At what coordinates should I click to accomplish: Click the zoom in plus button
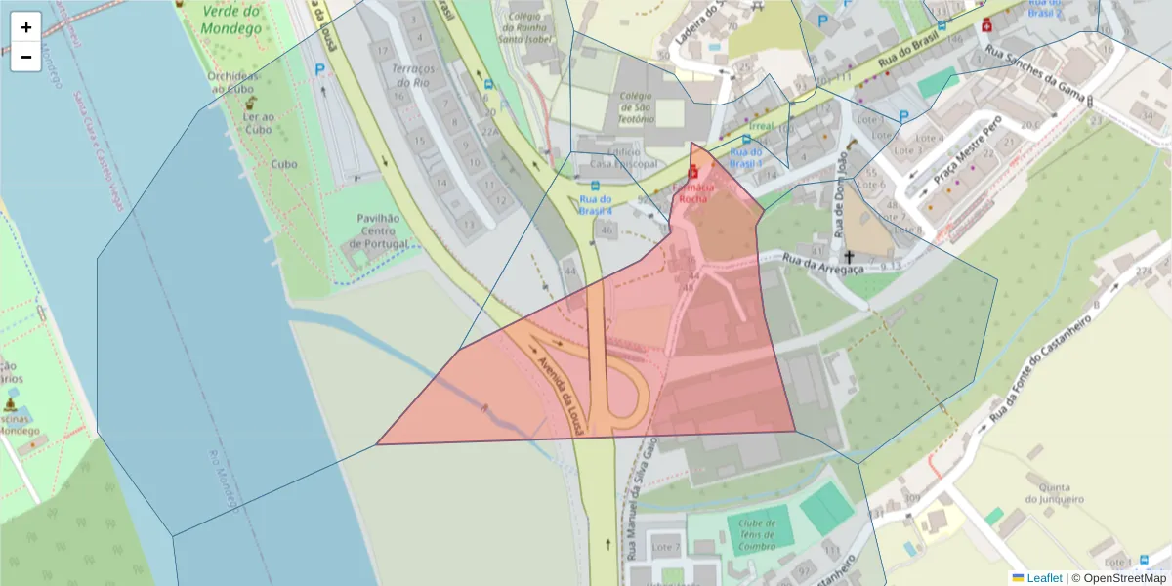pyautogui.click(x=26, y=27)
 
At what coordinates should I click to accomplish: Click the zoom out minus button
pyautogui.click(x=26, y=57)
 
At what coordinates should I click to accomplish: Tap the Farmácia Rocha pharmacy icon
pyautogui.click(x=693, y=172)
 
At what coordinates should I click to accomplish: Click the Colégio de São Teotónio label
pyautogui.click(x=636, y=106)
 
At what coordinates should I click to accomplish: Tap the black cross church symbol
pyautogui.click(x=849, y=255)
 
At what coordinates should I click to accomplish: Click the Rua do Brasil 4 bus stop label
pyautogui.click(x=595, y=204)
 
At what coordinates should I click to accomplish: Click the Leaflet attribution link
pyautogui.click(x=1044, y=578)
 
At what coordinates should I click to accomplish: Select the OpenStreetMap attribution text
pyautogui.click(x=1124, y=578)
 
